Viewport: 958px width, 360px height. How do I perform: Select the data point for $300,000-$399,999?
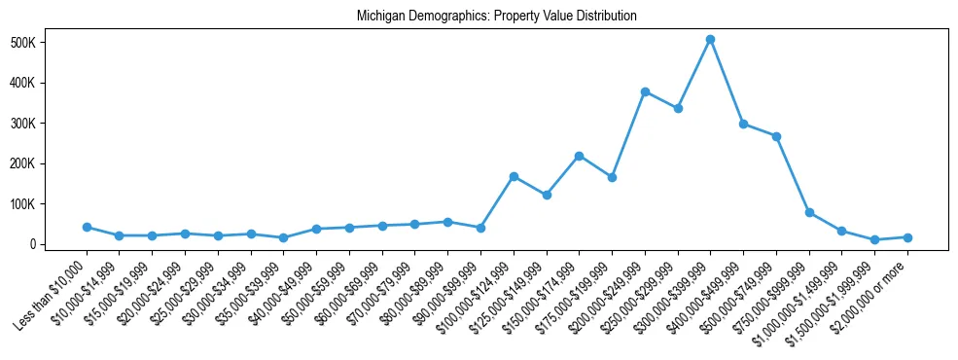pos(711,39)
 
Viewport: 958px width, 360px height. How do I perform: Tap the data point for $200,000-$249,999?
pos(645,91)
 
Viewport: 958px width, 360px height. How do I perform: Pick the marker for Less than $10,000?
pos(87,227)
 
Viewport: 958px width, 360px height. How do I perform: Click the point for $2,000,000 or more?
pos(907,237)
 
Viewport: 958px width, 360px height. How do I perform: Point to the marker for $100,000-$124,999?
pos(514,176)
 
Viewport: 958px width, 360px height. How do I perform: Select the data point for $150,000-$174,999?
pos(580,156)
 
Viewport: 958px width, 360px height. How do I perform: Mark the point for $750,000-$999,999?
pos(809,212)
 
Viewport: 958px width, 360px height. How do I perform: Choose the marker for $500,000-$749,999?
pos(776,136)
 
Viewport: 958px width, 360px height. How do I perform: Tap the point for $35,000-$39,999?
pos(284,237)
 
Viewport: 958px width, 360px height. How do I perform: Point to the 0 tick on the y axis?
pos(59,244)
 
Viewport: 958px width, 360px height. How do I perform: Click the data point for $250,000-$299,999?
pos(678,108)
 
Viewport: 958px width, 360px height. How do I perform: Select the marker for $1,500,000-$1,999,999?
pos(874,239)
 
